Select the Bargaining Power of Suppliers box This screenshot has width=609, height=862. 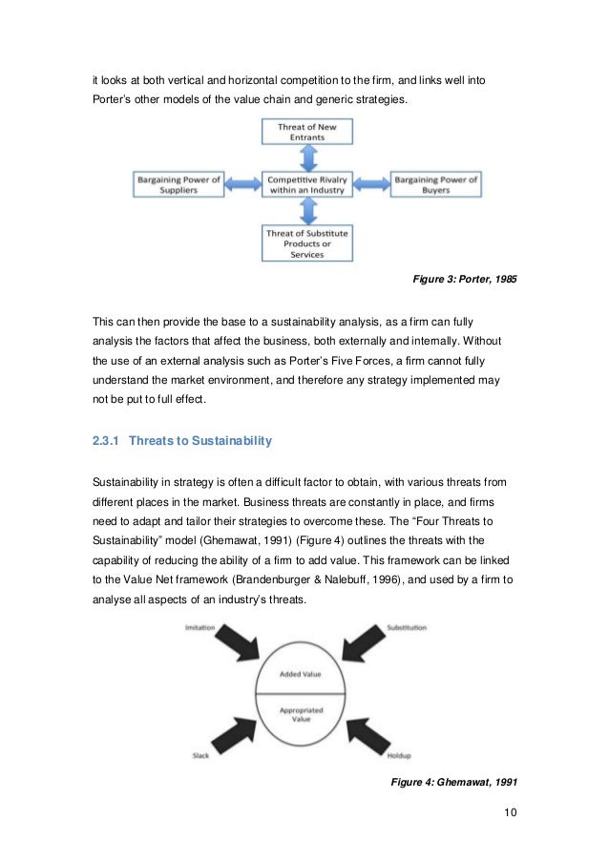coord(178,182)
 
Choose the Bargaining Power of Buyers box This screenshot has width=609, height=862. coord(435,182)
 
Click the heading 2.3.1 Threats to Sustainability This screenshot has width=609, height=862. coord(182,441)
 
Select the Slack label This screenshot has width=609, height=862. coord(199,756)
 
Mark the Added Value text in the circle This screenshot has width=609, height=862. coord(303,673)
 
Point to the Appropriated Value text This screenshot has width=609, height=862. coord(303,715)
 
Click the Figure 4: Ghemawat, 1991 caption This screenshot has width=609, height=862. coord(454,783)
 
